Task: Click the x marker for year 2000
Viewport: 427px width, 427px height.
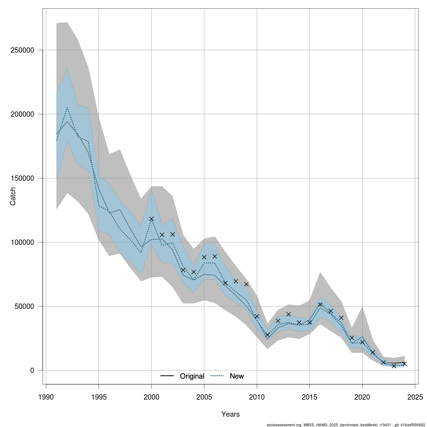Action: tap(151, 219)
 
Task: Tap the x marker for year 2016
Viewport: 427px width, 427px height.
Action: tap(320, 305)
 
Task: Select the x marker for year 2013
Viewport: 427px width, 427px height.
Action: tap(289, 314)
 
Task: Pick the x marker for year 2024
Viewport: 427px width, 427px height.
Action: tap(405, 364)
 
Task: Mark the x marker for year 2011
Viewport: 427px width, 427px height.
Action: tap(267, 335)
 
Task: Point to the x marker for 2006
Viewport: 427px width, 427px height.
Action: tap(215, 256)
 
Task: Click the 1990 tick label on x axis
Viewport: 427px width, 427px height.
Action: tap(46, 397)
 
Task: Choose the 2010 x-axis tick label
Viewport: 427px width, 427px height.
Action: tap(257, 397)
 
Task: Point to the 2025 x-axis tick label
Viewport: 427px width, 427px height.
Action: tap(415, 397)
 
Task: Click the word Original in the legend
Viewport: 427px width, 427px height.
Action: tap(192, 376)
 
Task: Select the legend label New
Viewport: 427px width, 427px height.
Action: tap(237, 376)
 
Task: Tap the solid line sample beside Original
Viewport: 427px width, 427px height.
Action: tap(167, 376)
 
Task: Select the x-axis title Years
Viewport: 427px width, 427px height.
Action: tap(231, 414)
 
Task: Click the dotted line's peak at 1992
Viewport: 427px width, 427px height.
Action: tap(67, 107)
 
